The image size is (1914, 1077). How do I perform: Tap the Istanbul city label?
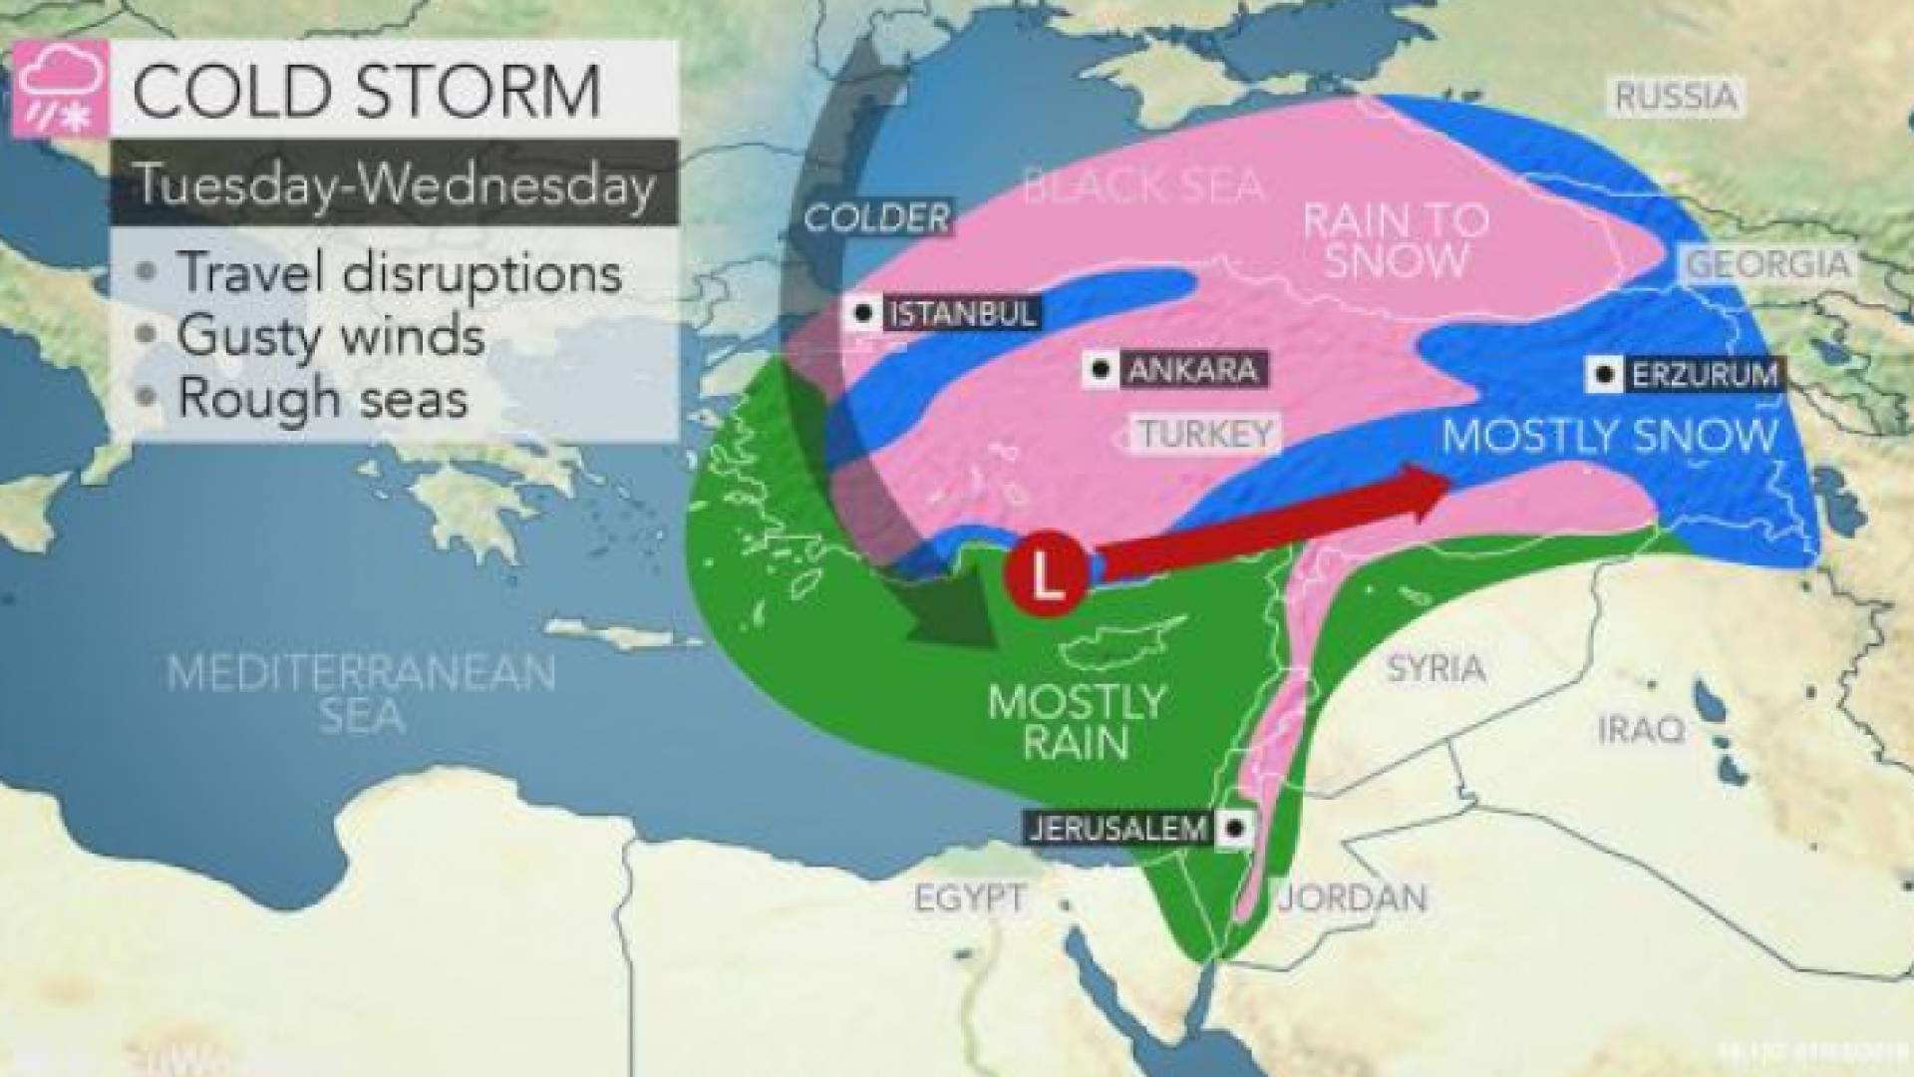pos(960,314)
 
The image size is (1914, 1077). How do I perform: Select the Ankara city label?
pos(1190,371)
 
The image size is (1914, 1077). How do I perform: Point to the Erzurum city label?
pos(1704,376)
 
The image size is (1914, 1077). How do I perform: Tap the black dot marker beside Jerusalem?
pos(1235,827)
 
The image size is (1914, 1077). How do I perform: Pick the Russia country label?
pos(1676,98)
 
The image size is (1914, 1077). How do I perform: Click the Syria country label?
pos(1435,668)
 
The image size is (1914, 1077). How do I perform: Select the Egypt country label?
pos(968,897)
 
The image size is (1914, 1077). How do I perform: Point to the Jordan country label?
pos(1353,897)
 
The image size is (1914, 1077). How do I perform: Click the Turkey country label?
pos(1206,434)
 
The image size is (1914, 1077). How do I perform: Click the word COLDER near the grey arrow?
pos(877,218)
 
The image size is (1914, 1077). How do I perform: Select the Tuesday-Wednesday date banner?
pos(395,183)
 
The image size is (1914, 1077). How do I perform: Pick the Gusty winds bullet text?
pos(331,335)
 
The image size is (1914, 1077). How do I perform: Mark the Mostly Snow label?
pos(1610,436)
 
